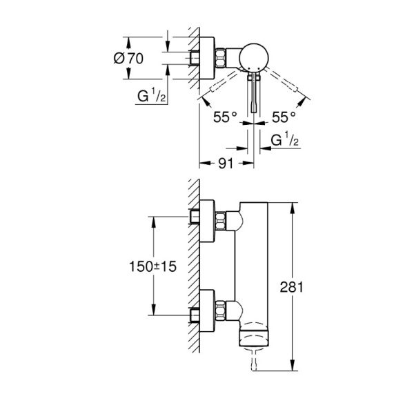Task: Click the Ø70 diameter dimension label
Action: coord(128,59)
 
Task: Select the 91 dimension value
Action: coord(226,164)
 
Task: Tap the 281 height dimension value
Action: coord(291,287)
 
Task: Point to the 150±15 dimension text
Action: coord(152,266)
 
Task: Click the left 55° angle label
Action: coord(225,117)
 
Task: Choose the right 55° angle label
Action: coord(284,117)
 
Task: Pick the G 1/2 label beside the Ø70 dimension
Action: coord(151,95)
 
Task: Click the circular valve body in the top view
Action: coord(254,57)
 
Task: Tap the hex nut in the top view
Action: coord(221,57)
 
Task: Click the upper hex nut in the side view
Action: coord(221,221)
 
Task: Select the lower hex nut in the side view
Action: coord(221,310)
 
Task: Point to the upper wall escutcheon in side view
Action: coord(207,221)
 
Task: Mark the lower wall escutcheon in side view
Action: coord(207,310)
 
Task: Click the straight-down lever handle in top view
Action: coord(254,93)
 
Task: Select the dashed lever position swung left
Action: coord(219,83)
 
